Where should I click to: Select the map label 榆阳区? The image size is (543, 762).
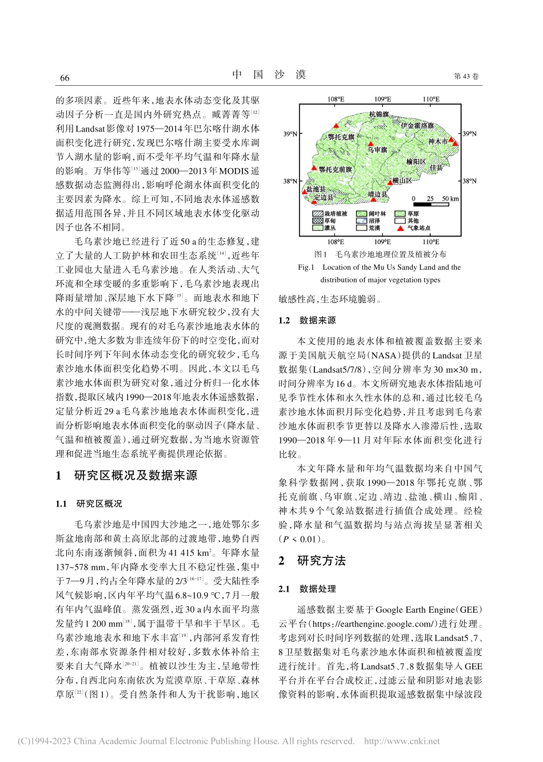[x=416, y=162]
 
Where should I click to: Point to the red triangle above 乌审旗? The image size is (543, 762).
[x=371, y=143]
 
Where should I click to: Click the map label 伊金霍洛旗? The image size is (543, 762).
[x=417, y=125]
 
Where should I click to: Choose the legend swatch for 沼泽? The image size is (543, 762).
[x=362, y=221]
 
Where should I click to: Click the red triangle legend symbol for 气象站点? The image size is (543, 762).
[x=400, y=228]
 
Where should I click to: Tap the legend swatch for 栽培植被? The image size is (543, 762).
[x=318, y=213]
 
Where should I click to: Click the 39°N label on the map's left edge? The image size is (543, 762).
[x=290, y=134]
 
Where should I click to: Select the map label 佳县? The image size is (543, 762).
[x=436, y=167]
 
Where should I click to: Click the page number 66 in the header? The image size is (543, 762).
[x=64, y=78]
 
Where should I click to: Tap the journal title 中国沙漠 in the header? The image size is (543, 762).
[x=269, y=75]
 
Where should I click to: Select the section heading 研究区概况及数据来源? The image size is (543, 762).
[x=135, y=476]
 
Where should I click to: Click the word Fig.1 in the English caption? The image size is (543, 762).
[x=306, y=267]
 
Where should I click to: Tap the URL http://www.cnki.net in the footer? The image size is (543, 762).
[x=402, y=741]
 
